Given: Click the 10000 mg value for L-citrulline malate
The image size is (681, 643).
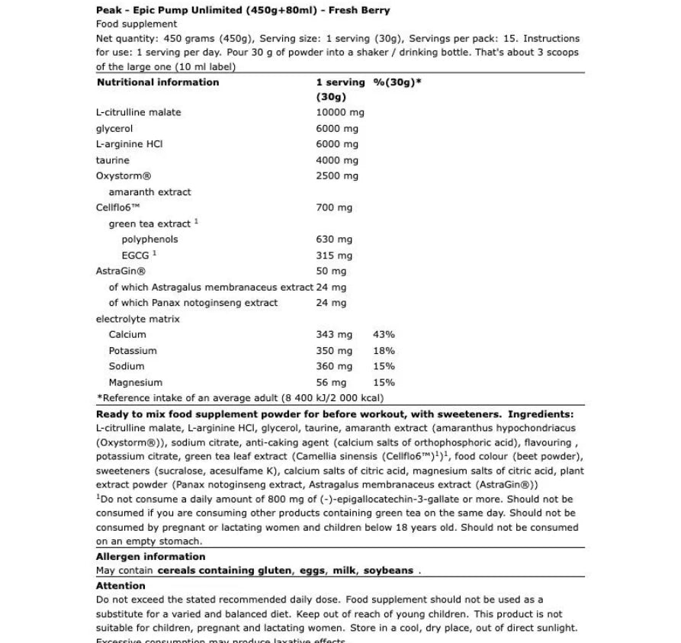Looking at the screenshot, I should pos(339,112).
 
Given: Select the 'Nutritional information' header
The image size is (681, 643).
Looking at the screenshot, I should pos(158,82).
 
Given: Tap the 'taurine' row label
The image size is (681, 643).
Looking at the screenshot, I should pos(113,160).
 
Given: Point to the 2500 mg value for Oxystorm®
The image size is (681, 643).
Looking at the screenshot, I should pos(336,175).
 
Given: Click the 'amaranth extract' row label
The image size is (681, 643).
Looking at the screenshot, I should pos(149,192).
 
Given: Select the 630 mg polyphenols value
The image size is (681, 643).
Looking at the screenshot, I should pos(334,240).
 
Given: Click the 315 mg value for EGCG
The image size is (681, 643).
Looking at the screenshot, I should pos(334,256).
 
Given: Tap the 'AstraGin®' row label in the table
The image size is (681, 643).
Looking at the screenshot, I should pos(120,271).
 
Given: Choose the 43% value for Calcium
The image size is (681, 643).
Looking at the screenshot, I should pos(384,335).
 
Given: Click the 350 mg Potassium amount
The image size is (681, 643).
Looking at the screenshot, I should pos(334,351).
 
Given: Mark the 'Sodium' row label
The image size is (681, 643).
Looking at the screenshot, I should pos(126,366).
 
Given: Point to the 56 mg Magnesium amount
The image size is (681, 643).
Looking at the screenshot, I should pos(331,383).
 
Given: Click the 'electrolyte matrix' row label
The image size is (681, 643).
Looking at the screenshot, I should pos(137,319).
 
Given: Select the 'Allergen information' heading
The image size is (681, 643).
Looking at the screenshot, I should pos(150,557).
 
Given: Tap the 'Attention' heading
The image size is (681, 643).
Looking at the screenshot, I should pos(120,586).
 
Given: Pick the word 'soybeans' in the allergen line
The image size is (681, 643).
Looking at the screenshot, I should pos(388,571).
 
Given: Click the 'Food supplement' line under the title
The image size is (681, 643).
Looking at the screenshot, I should pos(137,24).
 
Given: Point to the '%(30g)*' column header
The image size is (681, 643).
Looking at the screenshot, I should pos(397,82).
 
